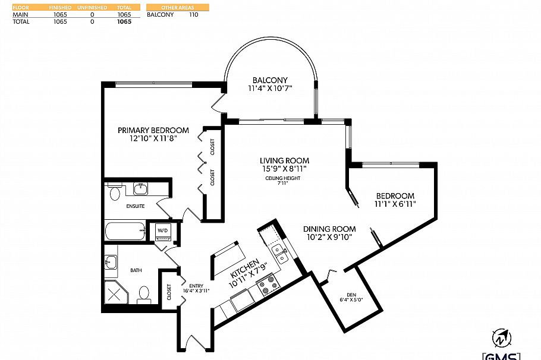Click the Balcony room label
pos(269,80)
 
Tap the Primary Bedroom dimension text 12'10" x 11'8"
pos(153,138)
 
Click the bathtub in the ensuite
pos(125,232)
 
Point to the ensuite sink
pos(140,190)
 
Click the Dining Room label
pos(329,229)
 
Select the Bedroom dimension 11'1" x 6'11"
pos(395,204)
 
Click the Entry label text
pos(196,285)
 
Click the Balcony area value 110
pos(194,14)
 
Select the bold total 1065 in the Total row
pos(124,21)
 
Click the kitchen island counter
pos(227,256)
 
